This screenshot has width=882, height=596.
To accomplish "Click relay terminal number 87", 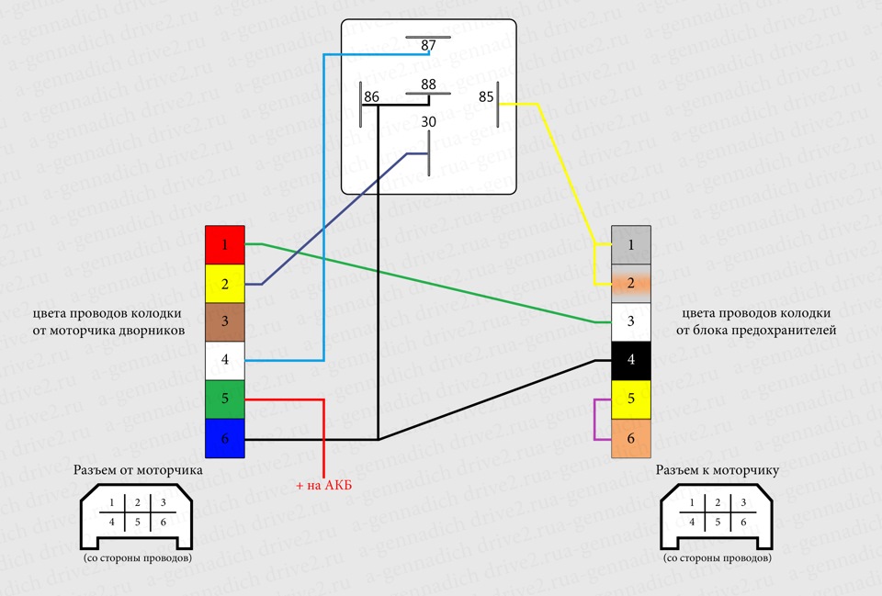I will (428, 45).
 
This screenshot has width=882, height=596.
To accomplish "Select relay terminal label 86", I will (371, 96).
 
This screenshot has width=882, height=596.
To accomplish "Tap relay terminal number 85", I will (486, 96).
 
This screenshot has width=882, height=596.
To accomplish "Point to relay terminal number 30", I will (428, 122).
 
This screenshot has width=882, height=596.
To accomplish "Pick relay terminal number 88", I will (428, 84).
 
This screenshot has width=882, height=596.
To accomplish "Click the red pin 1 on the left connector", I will (224, 245).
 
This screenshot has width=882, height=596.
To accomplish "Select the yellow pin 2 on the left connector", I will (224, 284).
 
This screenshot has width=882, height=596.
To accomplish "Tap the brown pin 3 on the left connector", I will (224, 322).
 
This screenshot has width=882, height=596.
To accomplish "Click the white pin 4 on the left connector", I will (224, 361).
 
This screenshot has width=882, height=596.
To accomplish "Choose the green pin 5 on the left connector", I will (224, 399).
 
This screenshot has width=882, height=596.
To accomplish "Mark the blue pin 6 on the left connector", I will (224, 438).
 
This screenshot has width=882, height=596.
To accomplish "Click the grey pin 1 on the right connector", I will (631, 245).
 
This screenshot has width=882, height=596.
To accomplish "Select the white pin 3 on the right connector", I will (631, 321).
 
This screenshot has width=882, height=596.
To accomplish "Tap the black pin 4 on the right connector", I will (631, 360).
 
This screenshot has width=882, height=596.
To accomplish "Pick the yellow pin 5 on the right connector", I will (631, 399).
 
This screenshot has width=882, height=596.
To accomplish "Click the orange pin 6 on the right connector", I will (631, 438).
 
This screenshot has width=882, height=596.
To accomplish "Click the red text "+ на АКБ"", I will (326, 485).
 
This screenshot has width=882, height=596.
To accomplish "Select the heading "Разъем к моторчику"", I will (718, 470).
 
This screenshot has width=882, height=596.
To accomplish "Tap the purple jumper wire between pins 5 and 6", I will (595, 419).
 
